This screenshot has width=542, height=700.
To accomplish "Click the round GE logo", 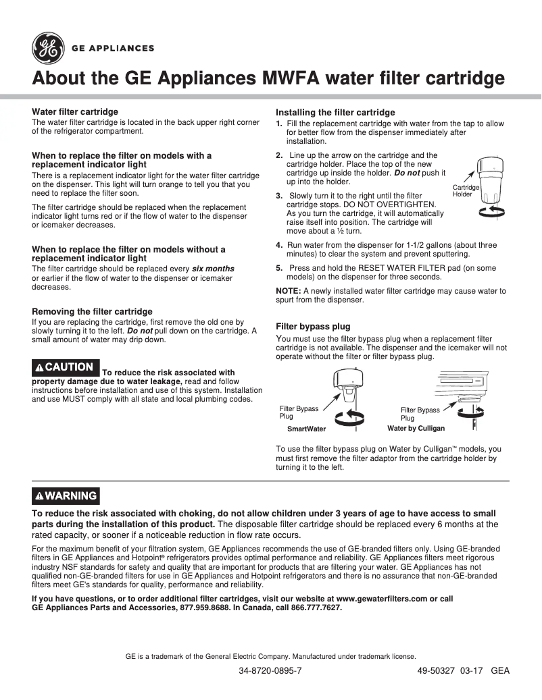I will pos(47,49).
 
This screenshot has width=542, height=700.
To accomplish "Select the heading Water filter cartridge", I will pos(75,111).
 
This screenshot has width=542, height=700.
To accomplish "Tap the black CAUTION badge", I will pos(66,367).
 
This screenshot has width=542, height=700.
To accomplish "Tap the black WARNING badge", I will pos(66,496).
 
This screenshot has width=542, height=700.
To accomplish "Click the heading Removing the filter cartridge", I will pos(93,312).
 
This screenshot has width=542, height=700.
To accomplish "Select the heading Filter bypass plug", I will pos(313,327).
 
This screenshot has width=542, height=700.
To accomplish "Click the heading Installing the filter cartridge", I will pos(335,112).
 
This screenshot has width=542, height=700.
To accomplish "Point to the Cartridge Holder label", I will pos(465,190).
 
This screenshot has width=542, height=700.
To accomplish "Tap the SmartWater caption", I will pos(306,429).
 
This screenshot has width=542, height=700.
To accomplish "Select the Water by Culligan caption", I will pos(416,429).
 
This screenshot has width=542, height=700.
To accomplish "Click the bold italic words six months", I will pos(213,269).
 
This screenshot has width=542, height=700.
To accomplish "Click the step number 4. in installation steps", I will pos(279,246).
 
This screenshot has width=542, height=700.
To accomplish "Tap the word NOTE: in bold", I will pos(289,291).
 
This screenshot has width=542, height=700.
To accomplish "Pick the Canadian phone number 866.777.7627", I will pos(316,608).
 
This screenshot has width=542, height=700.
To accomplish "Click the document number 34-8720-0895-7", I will pos(270,672).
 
